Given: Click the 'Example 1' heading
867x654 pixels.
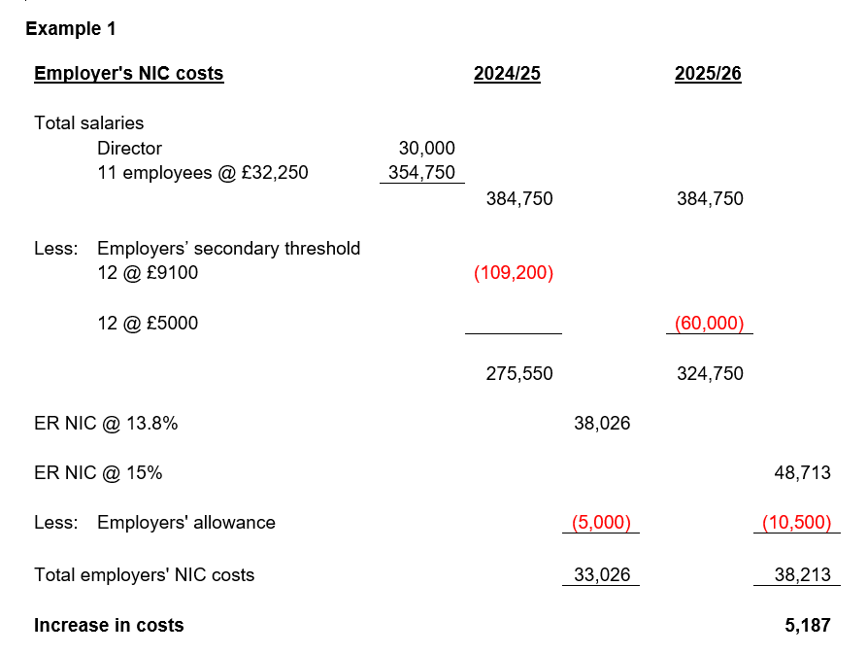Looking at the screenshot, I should pyautogui.click(x=70, y=29).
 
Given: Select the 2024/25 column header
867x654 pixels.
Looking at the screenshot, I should pyautogui.click(x=507, y=74).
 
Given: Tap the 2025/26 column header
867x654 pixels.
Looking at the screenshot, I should pyautogui.click(x=708, y=74).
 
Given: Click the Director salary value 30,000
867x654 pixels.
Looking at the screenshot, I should pyautogui.click(x=426, y=149).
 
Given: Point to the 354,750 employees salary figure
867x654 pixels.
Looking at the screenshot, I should pyautogui.click(x=421, y=174).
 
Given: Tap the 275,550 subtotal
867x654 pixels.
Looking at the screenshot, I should pyautogui.click(x=519, y=373).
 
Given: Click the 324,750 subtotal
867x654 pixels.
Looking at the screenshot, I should pyautogui.click(x=710, y=373).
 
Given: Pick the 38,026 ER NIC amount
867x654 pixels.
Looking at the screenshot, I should pyautogui.click(x=602, y=424).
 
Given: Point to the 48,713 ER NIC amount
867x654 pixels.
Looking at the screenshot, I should pyautogui.click(x=802, y=473).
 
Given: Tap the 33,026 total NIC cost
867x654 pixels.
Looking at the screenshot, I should pyautogui.click(x=602, y=574).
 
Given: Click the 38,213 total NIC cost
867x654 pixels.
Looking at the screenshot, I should pyautogui.click(x=802, y=574).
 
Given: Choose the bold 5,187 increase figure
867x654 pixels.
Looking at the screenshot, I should pyautogui.click(x=808, y=625).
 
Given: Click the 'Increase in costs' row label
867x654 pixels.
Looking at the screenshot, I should pyautogui.click(x=109, y=625).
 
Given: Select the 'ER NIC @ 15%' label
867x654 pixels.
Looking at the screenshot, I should pyautogui.click(x=98, y=473).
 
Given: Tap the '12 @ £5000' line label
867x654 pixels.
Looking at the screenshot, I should pyautogui.click(x=148, y=323).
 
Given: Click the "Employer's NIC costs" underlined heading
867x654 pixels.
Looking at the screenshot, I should pyautogui.click(x=128, y=74).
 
